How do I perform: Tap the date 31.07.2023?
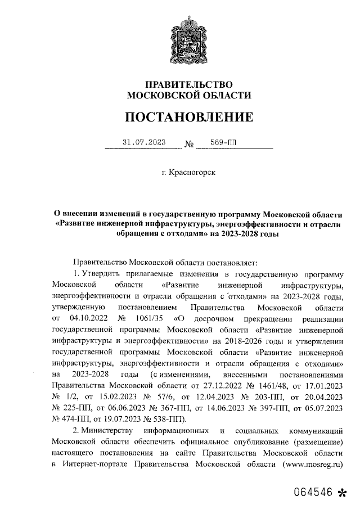tap(144, 143)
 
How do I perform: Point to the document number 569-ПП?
tap(223, 143)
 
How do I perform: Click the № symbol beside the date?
tap(189, 145)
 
